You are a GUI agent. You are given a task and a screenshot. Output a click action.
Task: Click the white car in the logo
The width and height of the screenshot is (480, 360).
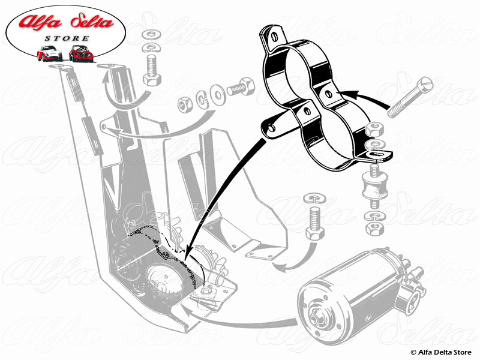coord(50,53)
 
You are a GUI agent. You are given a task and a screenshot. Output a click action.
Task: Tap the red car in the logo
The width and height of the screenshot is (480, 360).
coord(80,53)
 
